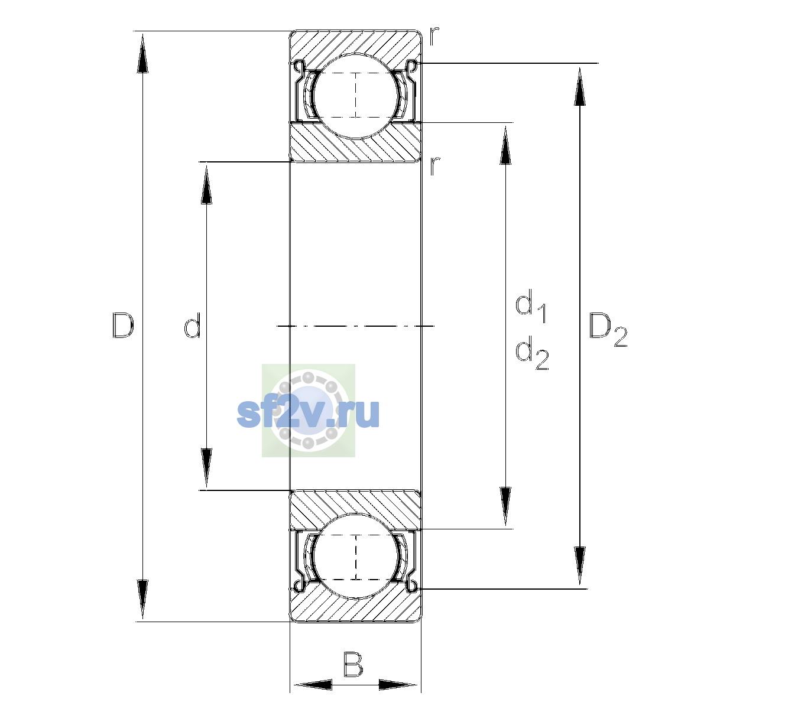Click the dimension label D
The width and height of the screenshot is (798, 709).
click(123, 325)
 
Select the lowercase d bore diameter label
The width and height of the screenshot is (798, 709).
click(193, 326)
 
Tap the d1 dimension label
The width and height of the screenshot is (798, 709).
click(531, 305)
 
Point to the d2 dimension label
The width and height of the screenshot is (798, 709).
click(532, 352)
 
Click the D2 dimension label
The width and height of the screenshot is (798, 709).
click(608, 329)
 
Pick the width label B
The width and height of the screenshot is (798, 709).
click(353, 665)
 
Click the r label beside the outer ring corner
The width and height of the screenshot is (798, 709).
click(434, 36)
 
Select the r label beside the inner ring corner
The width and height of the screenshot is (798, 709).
click(434, 166)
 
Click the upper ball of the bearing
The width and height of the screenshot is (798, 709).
click(356, 96)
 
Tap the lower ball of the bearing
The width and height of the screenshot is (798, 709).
click(356, 556)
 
